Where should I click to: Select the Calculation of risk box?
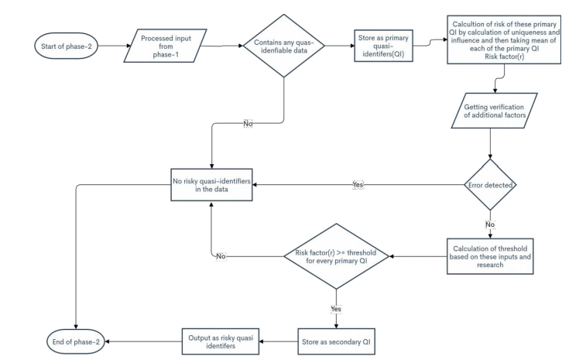[x=505, y=43]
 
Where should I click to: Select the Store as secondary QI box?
[x=334, y=339]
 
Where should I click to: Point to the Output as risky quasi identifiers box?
[x=218, y=339]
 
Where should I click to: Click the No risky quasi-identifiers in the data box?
[x=214, y=185]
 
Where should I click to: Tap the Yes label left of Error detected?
[x=358, y=186]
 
